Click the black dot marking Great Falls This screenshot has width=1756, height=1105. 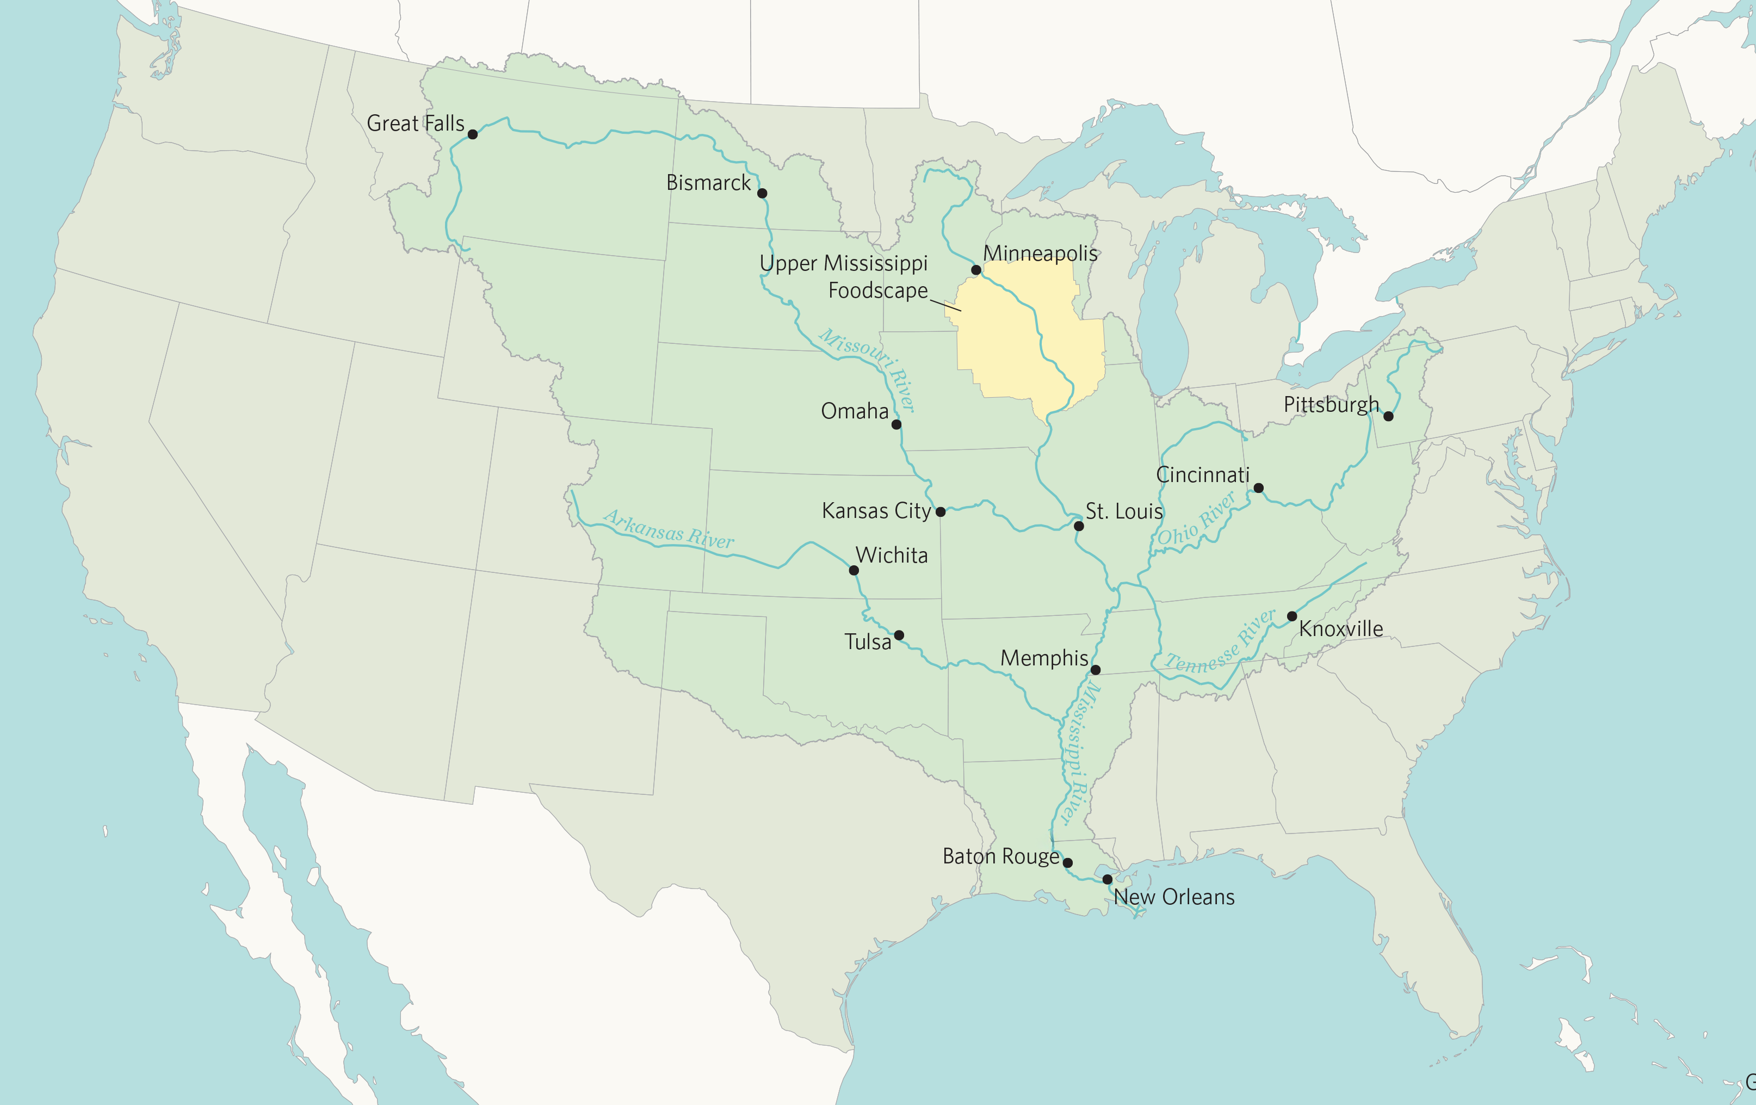tap(473, 134)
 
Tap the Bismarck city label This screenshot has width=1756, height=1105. tap(708, 183)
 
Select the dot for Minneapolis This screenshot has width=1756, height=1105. tap(976, 270)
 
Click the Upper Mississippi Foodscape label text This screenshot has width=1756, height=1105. tap(844, 276)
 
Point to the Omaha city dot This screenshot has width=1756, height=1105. tap(896, 424)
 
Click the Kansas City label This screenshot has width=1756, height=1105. tap(876, 510)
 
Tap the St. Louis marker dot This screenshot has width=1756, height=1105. tap(1079, 526)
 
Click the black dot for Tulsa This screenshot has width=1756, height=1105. tap(899, 635)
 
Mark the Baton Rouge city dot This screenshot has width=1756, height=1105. tap(1068, 863)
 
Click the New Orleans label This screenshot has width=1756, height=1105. tap(1174, 897)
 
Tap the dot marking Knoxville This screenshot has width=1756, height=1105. tap(1291, 616)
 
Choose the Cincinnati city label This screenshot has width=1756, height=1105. tap(1203, 475)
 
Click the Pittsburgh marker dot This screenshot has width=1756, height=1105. tap(1388, 416)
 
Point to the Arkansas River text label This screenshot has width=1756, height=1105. tap(668, 529)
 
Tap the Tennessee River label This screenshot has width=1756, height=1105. tap(1221, 643)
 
